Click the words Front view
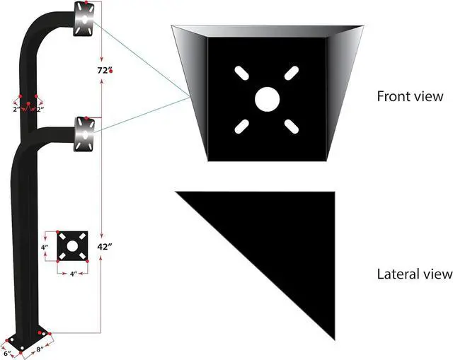[410, 96]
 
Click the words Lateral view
[415, 273]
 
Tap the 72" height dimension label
[103, 70]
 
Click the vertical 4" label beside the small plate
[44, 248]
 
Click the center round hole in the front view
[267, 98]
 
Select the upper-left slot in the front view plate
[241, 72]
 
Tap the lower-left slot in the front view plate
[241, 125]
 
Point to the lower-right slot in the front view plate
[292, 125]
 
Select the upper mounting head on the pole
[83, 19]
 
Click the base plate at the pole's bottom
[27, 339]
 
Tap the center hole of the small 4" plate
[71, 245]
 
